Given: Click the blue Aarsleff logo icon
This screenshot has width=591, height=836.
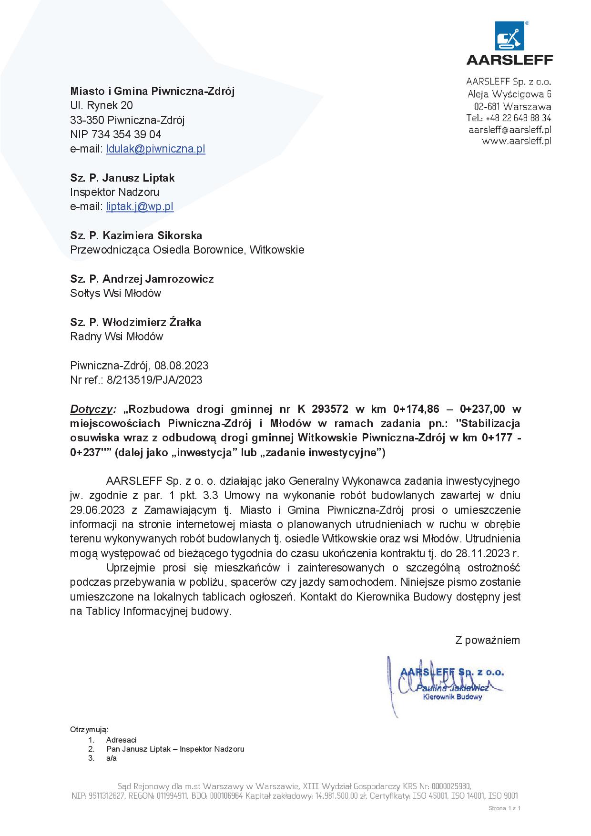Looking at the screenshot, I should click(x=509, y=35).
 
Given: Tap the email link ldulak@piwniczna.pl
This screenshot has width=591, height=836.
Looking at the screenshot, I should click(x=155, y=149).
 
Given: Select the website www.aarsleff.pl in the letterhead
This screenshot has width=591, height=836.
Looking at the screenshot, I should click(x=516, y=141).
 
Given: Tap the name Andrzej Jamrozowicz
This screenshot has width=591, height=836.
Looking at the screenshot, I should click(x=158, y=279).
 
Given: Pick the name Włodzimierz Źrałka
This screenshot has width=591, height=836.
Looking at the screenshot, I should click(x=152, y=322).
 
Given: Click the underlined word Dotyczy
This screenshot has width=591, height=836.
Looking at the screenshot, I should click(x=92, y=409).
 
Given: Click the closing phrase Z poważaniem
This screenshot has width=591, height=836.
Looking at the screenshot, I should click(x=488, y=640).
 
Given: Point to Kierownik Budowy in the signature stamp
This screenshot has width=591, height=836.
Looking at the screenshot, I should click(x=452, y=697).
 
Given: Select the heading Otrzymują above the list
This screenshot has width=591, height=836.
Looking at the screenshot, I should click(x=89, y=730).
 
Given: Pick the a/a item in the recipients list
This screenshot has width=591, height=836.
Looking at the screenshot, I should click(x=112, y=758).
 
